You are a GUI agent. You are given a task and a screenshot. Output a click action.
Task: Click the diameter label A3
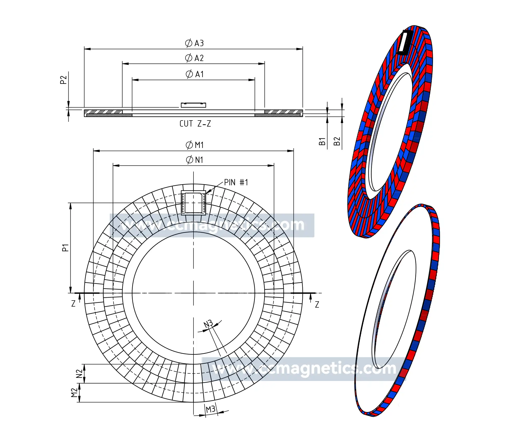point(194,43)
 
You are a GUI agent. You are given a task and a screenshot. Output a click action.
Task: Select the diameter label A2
point(194,58)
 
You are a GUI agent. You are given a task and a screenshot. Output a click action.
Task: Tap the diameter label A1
point(195,74)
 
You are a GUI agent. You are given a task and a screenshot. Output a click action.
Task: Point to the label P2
point(63,80)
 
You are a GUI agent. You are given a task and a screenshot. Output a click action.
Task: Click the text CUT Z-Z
point(195,124)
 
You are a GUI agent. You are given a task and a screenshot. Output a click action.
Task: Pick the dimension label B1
point(322,141)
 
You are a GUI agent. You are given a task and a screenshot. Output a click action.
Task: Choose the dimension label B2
point(337,141)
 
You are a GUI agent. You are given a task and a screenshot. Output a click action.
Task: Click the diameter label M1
point(195,145)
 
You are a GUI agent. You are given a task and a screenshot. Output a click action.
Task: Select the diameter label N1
point(195,160)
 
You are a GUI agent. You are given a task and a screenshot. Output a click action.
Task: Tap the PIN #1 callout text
point(236,182)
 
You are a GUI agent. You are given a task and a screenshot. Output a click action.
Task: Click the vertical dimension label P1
point(65,248)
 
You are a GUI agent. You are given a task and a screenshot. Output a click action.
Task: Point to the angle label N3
point(208,324)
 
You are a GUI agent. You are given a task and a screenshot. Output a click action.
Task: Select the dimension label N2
point(79,374)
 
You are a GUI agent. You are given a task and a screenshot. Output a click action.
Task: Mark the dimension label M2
point(74,393)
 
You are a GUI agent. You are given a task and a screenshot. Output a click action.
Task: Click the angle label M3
point(210,409)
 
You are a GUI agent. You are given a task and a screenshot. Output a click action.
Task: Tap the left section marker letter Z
point(73,304)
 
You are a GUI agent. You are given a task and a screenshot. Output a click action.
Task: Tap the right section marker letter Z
point(317,305)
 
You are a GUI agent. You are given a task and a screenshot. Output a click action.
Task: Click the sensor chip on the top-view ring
point(194,203)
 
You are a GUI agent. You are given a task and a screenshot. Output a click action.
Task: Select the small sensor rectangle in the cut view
point(194,105)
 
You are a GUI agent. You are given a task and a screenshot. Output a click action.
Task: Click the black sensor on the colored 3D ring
point(405,42)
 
